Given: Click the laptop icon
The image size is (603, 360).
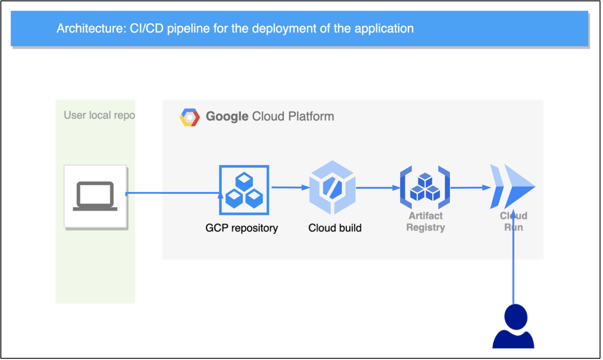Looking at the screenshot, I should (x=95, y=196).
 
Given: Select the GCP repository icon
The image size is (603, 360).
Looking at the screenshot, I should (x=244, y=190).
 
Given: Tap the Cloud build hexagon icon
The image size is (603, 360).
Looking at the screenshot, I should (x=332, y=187).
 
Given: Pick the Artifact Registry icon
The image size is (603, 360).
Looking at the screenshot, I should (x=425, y=187).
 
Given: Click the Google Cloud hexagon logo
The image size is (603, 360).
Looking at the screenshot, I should (x=190, y=117).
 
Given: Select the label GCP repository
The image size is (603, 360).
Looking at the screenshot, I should (x=241, y=228).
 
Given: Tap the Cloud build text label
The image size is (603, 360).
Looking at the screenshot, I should (x=335, y=228).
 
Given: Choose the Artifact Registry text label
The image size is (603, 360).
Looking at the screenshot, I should (x=425, y=222).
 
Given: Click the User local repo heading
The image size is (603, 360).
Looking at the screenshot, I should (x=99, y=116).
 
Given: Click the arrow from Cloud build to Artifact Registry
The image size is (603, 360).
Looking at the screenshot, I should (x=378, y=188).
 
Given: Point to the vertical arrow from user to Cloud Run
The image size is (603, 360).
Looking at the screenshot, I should (x=513, y=262).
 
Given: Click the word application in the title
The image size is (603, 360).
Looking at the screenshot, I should (x=384, y=29).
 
